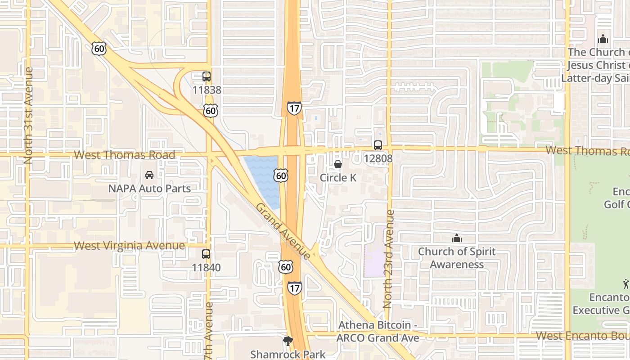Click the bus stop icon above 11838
[206, 76]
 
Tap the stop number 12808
[378, 158]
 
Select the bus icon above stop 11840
[206, 254]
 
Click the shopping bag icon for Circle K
[338, 165]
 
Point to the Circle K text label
[338, 178]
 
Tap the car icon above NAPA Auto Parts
[149, 175]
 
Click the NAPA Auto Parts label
[149, 189]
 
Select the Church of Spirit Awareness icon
[457, 238]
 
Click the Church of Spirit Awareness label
[457, 258]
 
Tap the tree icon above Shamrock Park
[288, 341]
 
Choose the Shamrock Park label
[288, 355]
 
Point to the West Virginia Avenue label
[129, 246]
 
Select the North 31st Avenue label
[29, 116]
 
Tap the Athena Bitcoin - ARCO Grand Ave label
[378, 332]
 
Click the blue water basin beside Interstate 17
[263, 178]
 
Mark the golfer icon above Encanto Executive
[626, 284]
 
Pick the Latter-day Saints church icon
[603, 39]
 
